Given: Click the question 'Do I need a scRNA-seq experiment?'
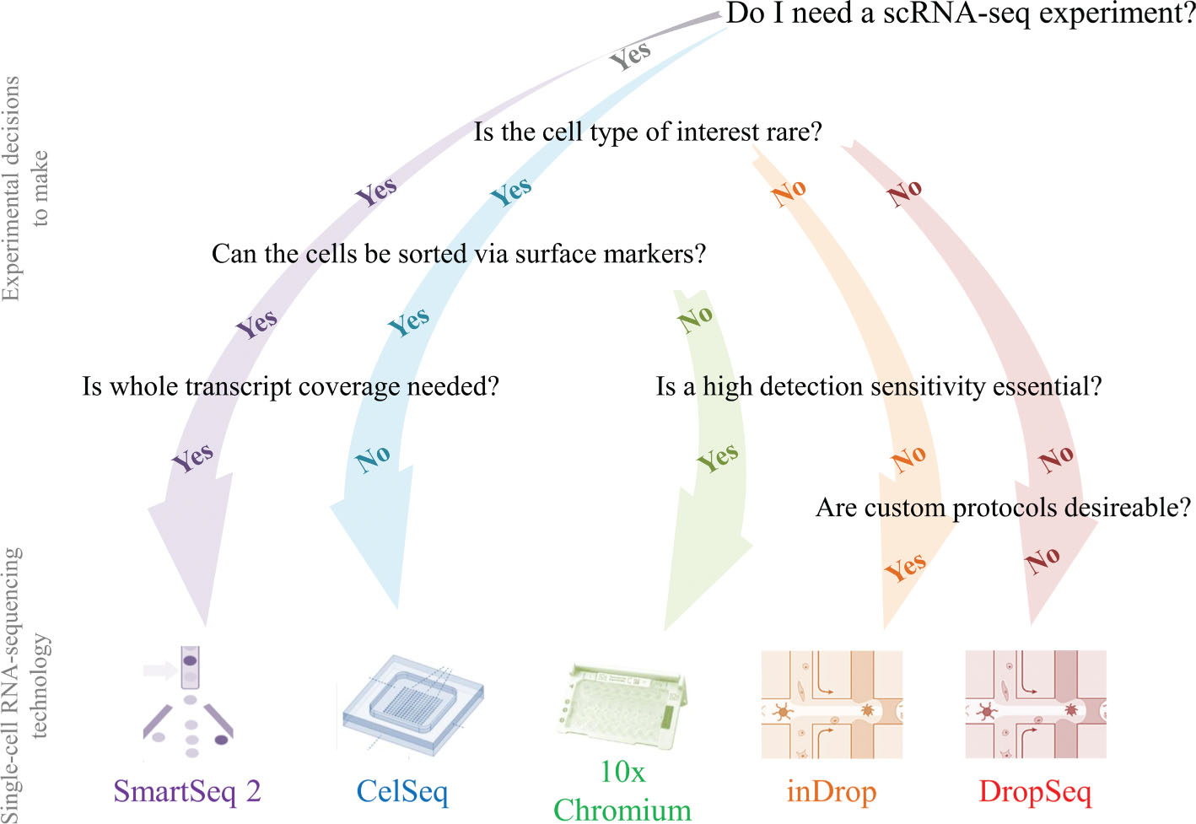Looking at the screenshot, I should (x=960, y=13).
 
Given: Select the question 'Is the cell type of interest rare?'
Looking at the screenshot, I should (x=647, y=132).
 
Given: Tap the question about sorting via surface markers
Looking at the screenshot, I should (x=458, y=254).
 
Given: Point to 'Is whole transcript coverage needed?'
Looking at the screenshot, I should (x=290, y=386).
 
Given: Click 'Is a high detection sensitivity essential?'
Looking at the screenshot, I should (x=878, y=386).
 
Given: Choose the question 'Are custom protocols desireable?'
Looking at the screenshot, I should (x=1003, y=508).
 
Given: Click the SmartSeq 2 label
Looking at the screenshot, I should (x=187, y=791).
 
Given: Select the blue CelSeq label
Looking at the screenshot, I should (x=402, y=791).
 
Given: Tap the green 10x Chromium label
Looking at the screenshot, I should (x=622, y=791).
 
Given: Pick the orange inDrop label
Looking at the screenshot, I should (x=832, y=791).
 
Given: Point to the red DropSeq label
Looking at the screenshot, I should (x=1035, y=791).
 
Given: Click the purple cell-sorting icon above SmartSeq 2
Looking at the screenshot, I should (x=189, y=702).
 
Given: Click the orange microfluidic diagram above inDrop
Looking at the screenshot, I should (x=832, y=704).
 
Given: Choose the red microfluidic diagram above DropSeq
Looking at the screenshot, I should (x=1036, y=704).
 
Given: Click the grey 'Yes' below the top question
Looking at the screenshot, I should (x=630, y=56).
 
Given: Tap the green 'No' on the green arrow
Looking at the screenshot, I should (x=696, y=319).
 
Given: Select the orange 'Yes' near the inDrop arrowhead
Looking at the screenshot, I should (x=905, y=567).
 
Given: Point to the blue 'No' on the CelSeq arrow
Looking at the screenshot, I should (x=373, y=459).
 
